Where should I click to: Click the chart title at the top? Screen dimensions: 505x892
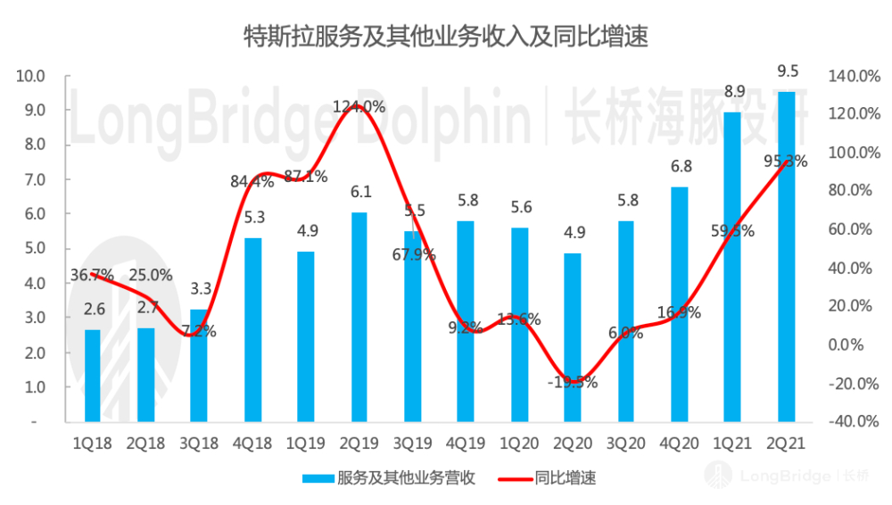(x=446, y=37)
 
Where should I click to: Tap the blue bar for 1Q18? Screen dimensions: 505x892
(x=93, y=375)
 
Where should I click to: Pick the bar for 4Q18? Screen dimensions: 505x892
(x=252, y=329)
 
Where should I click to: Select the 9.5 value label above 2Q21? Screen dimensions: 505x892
(x=787, y=72)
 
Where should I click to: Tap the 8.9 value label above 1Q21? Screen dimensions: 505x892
(x=733, y=92)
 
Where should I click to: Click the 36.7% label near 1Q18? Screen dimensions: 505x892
(x=93, y=277)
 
